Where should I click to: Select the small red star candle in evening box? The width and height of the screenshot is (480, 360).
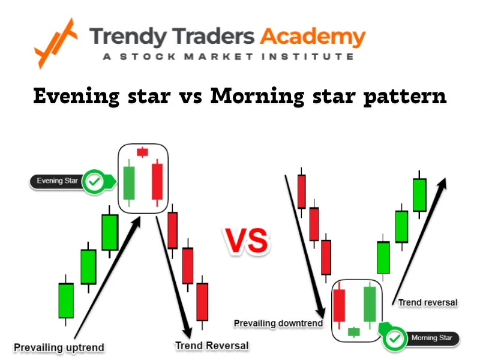pos(143,152)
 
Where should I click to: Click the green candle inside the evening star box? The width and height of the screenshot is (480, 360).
pos(128,183)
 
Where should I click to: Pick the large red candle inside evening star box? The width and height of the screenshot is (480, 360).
pos(157,181)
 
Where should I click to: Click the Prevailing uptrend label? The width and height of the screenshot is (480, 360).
pos(59,347)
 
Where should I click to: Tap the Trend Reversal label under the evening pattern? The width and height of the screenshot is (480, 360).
pos(211,346)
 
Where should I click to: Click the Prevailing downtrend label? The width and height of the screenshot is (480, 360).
pos(278,323)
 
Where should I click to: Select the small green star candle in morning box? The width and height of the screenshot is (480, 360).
pos(353,331)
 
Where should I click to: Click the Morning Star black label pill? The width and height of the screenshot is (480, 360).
pos(431,338)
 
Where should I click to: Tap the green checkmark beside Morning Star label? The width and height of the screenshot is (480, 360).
pos(394,338)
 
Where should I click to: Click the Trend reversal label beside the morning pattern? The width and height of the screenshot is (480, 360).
pos(428,302)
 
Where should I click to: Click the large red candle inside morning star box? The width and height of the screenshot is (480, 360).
pos(339,305)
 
